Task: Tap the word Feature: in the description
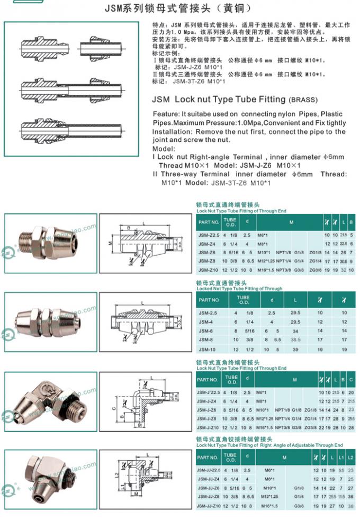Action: coord(168,114)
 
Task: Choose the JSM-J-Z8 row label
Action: coord(208,418)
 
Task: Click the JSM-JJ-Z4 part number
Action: coord(209,479)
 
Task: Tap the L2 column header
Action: coord(350,458)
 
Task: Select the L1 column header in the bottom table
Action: coord(341,458)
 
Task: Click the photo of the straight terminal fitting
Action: coord(51,243)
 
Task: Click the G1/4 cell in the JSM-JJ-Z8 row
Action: coord(299,497)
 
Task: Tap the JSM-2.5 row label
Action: coord(206,312)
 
